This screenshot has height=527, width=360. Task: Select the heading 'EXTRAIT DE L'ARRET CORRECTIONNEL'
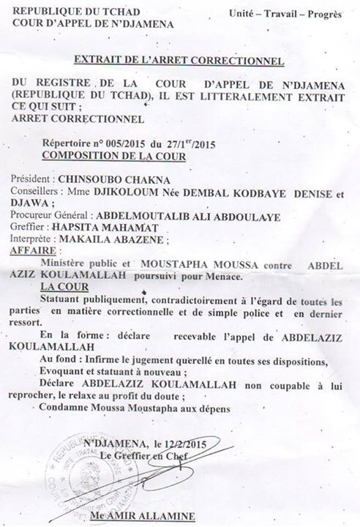179,61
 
